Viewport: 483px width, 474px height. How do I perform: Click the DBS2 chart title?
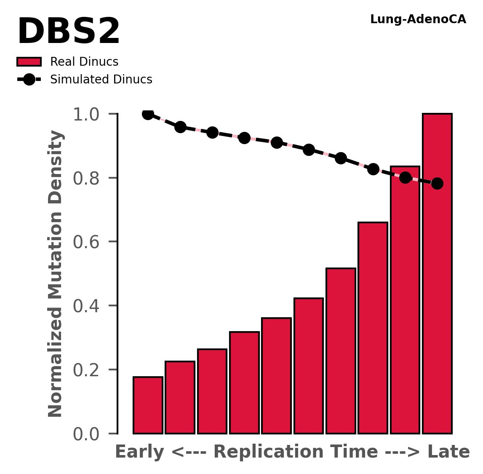[69, 32]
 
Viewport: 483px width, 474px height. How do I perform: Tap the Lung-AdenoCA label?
[418, 19]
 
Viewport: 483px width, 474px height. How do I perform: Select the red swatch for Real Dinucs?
[29, 62]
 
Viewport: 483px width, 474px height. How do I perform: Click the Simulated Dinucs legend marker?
[29, 79]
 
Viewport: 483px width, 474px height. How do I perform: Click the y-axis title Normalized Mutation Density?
[56, 273]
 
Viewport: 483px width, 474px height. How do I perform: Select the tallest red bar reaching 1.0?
[437, 274]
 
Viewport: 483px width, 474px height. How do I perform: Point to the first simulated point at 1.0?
[148, 114]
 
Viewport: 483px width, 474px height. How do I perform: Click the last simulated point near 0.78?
[437, 183]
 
